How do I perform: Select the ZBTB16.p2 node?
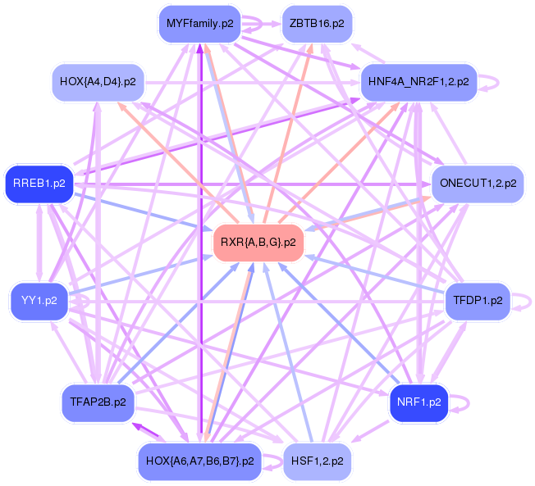coord(316,24)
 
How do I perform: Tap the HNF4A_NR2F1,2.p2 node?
coord(418,82)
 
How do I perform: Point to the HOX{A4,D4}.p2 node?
coord(98,82)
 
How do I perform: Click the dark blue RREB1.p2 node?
coord(39,183)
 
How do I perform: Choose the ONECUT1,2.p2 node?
coord(478,183)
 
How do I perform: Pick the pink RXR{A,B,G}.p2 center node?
coord(258,243)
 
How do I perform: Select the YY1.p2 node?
coord(39,301)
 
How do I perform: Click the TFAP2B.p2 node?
coord(98,402)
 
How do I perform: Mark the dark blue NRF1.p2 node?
coord(418,402)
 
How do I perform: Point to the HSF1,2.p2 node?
coord(316,461)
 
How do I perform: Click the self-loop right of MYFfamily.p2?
coord(257,24)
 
